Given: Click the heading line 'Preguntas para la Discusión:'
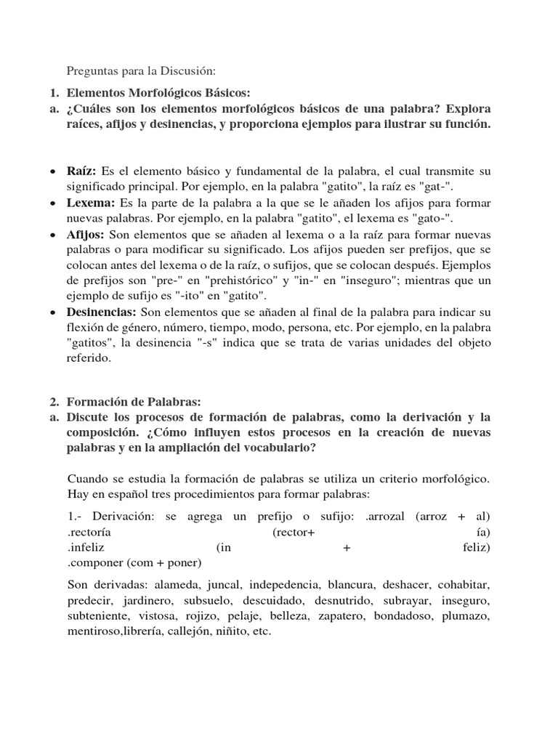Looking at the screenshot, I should point(141,70).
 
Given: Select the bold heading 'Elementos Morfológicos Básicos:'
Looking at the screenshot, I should point(158,93).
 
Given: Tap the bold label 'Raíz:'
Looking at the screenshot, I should point(81,171).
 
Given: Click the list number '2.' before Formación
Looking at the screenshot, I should point(54,401).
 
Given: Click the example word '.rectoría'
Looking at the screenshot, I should point(90,532).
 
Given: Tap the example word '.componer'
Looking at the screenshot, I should point(94,562).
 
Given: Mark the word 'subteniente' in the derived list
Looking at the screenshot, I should point(96,616).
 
